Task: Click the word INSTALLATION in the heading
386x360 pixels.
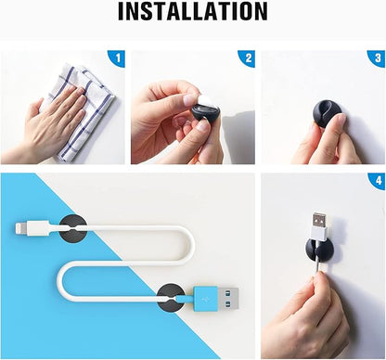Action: click(193, 11)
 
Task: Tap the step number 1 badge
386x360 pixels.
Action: click(117, 58)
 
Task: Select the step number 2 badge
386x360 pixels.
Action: click(248, 58)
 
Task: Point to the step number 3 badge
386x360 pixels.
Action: click(378, 58)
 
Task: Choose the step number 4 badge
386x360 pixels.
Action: click(378, 181)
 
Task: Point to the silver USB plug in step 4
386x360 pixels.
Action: click(319, 221)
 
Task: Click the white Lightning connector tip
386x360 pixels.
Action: click(21, 229)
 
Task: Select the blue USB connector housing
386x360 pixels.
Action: click(205, 299)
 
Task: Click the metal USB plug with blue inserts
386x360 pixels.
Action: click(228, 299)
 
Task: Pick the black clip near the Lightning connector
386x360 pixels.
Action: click(72, 229)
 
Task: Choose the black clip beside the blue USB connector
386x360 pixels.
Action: click(171, 298)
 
